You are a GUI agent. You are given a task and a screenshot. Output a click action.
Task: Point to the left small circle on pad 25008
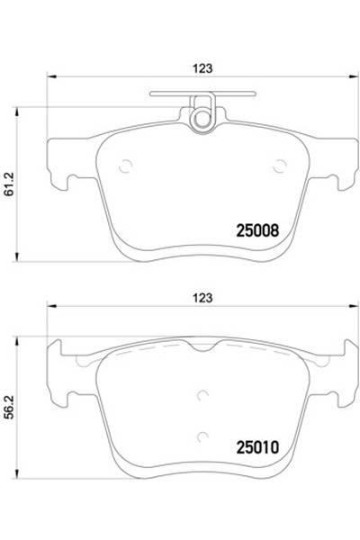pyautogui.click(x=127, y=165)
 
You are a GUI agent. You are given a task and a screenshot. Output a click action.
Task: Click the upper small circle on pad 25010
pyautogui.click(x=202, y=393)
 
